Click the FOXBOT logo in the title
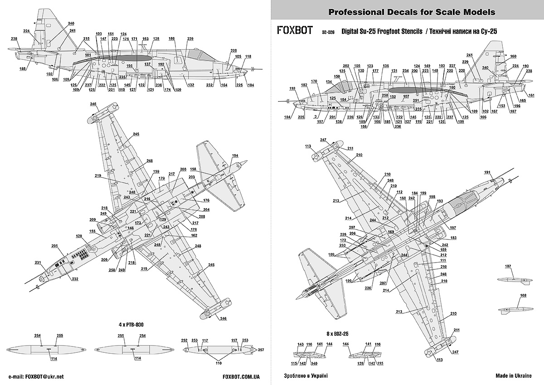[294, 31]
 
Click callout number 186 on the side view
[172, 39]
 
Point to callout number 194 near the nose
[235, 156]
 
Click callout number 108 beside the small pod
[524, 295]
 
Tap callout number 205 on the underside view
[55, 246]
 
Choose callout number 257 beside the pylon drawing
[261, 350]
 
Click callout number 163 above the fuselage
[145, 39]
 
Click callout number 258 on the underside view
[112, 270]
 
